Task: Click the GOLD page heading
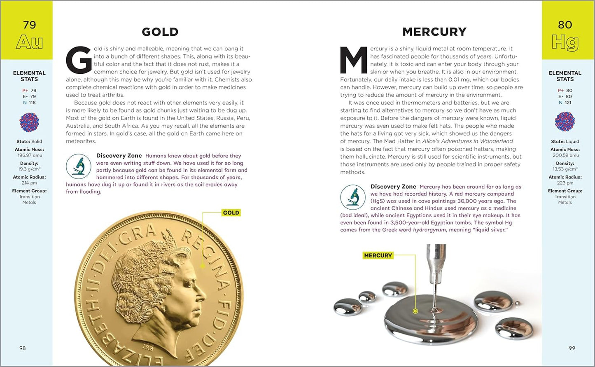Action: pos(160,32)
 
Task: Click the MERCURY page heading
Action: pos(434,32)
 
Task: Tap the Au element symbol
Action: pos(29,42)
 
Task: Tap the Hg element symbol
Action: pos(565,42)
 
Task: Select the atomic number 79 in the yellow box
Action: pos(29,25)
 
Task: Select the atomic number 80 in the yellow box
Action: pos(565,25)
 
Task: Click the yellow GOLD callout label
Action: pos(231,213)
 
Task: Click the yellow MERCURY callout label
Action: pos(378,255)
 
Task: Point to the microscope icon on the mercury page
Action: pos(353,197)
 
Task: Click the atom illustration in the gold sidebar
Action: pos(29,122)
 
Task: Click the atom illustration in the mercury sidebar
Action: pos(565,122)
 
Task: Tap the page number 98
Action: pos(23,348)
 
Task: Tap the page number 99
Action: pos(572,348)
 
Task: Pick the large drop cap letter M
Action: pos(353,60)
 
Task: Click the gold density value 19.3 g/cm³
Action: pos(29,169)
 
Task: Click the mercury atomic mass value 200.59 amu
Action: pos(565,155)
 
